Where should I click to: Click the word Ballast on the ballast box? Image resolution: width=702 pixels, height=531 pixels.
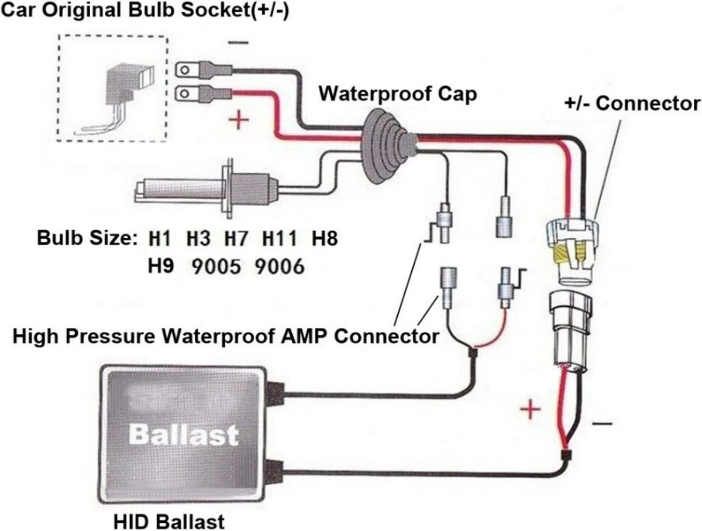pos(183,434)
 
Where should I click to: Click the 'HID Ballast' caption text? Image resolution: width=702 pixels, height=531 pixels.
pos(169,520)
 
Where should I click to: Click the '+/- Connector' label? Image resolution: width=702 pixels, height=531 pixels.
pos(631,104)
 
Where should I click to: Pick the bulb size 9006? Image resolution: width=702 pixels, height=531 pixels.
pos(280,267)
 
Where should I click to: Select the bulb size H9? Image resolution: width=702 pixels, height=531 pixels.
pos(160,267)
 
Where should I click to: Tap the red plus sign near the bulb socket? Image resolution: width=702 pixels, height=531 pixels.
pos(238,121)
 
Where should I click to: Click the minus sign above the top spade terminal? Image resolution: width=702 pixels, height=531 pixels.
pos(237,43)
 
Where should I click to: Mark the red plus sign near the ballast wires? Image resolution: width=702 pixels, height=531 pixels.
pos(529,409)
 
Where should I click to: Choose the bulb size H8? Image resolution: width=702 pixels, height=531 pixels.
pos(325,239)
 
